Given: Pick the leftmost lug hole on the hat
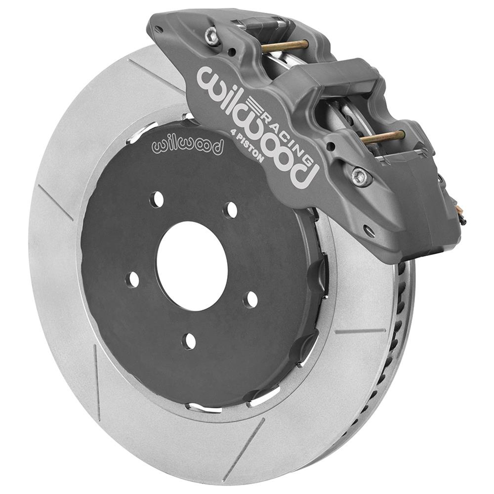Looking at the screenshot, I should click(x=132, y=280).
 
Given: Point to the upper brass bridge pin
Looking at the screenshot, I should click(x=285, y=46).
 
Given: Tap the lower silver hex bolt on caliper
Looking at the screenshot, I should click(x=360, y=176).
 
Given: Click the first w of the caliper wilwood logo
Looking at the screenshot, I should click(x=209, y=79).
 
